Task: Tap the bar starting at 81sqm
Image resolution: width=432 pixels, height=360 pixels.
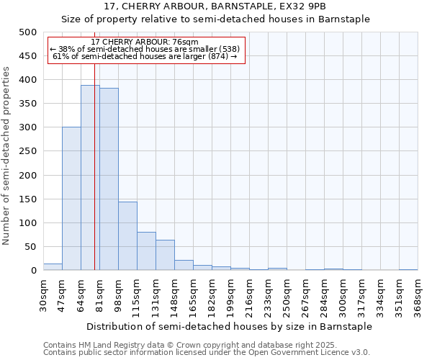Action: point(109,179)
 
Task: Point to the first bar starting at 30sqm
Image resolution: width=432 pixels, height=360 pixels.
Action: point(53,267)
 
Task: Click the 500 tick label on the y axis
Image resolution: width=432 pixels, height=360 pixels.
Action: point(28,32)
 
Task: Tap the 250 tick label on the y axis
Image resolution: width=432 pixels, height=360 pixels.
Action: point(28,151)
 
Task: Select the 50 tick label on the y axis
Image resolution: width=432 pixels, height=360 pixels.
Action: point(31,247)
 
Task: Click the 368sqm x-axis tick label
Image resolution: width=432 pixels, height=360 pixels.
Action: point(418,295)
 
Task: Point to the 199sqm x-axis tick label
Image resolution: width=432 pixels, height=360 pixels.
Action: point(230,295)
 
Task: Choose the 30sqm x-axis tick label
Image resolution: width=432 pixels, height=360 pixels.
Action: point(43,295)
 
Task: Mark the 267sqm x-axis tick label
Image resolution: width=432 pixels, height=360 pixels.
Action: point(305,295)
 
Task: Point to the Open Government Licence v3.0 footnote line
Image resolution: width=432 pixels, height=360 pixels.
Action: point(207,353)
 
